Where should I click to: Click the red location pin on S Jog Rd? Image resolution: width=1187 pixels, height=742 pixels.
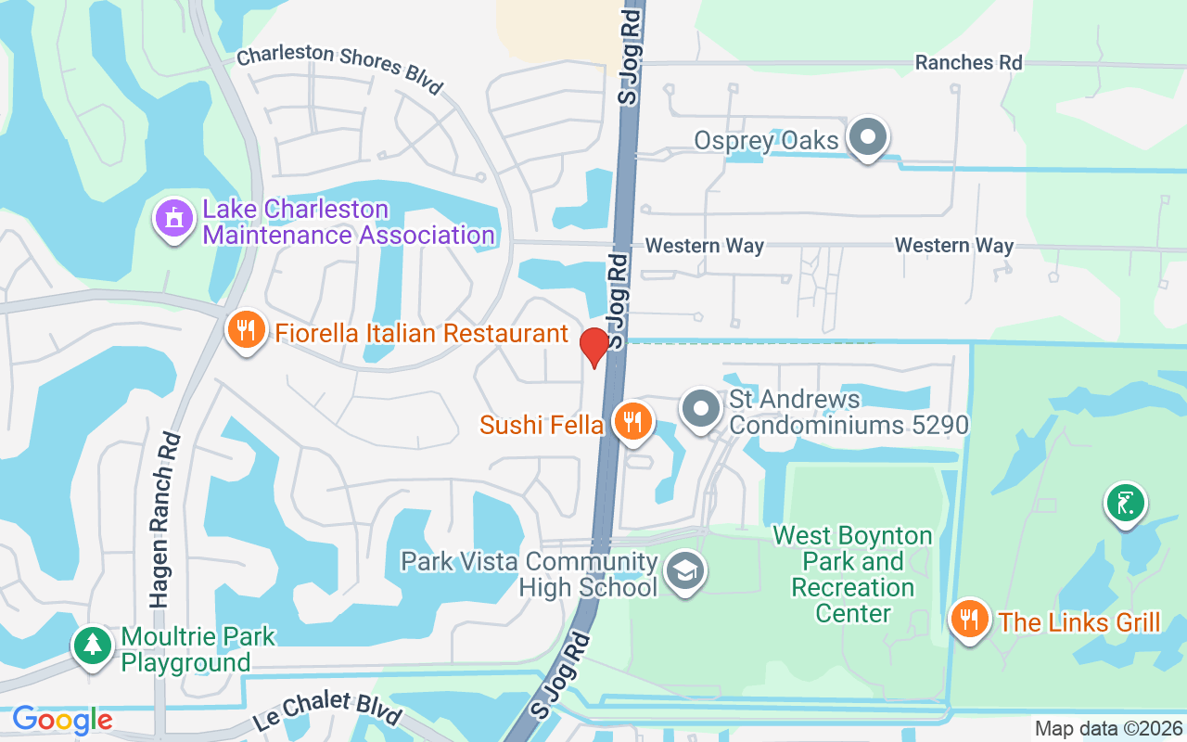point(593,346)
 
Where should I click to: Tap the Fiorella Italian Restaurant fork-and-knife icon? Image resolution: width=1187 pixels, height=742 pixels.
point(246,328)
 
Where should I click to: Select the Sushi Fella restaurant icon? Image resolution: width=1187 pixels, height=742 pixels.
point(633,421)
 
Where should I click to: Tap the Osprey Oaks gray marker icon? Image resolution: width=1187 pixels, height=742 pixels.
point(868,136)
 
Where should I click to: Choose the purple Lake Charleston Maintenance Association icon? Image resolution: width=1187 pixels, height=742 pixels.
point(173,219)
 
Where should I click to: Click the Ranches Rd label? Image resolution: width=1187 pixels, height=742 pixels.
point(968,62)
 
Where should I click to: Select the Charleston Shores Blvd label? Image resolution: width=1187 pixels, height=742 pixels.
point(339,69)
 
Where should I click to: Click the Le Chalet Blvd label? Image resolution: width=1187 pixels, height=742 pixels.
point(326,708)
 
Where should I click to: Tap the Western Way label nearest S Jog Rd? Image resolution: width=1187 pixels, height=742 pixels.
point(705,246)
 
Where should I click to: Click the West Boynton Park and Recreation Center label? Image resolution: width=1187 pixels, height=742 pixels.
point(852,574)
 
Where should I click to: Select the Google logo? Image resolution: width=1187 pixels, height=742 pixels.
point(62,720)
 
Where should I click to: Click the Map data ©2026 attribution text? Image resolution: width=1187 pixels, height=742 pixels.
point(1108,729)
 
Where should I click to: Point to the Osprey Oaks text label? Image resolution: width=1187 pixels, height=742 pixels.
point(766,141)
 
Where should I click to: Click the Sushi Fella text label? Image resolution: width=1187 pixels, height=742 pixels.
point(542,425)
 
